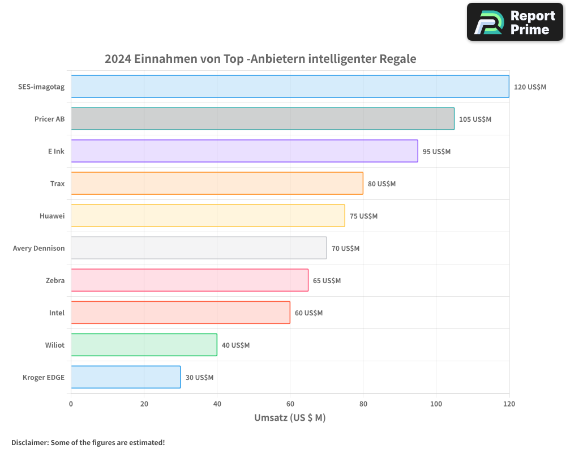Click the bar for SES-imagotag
pyautogui.click(x=290, y=87)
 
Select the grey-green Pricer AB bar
pyautogui.click(x=263, y=119)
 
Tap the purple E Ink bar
pyautogui.click(x=245, y=151)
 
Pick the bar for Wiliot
pyautogui.click(x=144, y=345)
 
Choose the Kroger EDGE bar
pyautogui.click(x=126, y=377)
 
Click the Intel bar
pyautogui.click(x=181, y=313)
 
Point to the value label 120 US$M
pyautogui.click(x=530, y=87)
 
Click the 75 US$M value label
pyautogui.click(x=363, y=216)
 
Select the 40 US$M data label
pyautogui.click(x=235, y=345)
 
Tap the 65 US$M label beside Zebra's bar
pyautogui.click(x=327, y=281)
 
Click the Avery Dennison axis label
pyautogui.click(x=38, y=249)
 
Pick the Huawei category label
pyautogui.click(x=52, y=216)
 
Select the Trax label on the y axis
pyautogui.click(x=57, y=184)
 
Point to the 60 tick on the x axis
pyautogui.click(x=290, y=404)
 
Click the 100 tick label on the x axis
pyautogui.click(x=436, y=404)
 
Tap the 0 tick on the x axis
pyautogui.click(x=71, y=404)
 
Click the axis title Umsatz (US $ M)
pyautogui.click(x=290, y=418)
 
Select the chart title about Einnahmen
pyautogui.click(x=260, y=59)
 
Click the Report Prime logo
pyautogui.click(x=514, y=22)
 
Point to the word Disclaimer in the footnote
pyautogui.click(x=29, y=442)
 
